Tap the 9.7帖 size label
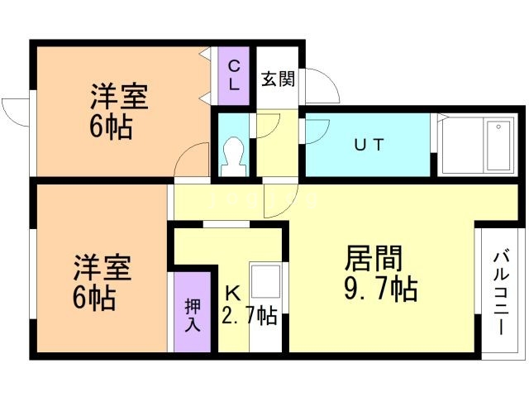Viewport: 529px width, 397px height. click(x=380, y=290)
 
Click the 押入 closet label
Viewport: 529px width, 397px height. click(x=191, y=313)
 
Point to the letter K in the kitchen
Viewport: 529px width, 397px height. click(x=233, y=291)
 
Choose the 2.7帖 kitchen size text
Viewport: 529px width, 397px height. click(x=250, y=314)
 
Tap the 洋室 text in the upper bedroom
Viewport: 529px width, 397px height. click(x=119, y=98)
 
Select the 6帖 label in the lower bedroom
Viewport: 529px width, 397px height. click(x=93, y=297)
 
